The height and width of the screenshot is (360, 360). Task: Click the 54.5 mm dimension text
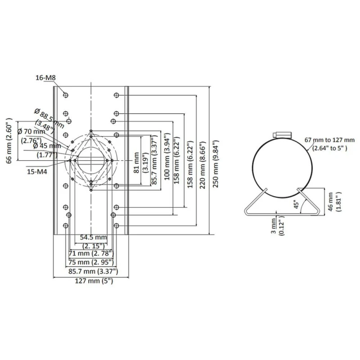94,237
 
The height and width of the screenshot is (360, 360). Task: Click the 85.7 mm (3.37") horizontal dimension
93,271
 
